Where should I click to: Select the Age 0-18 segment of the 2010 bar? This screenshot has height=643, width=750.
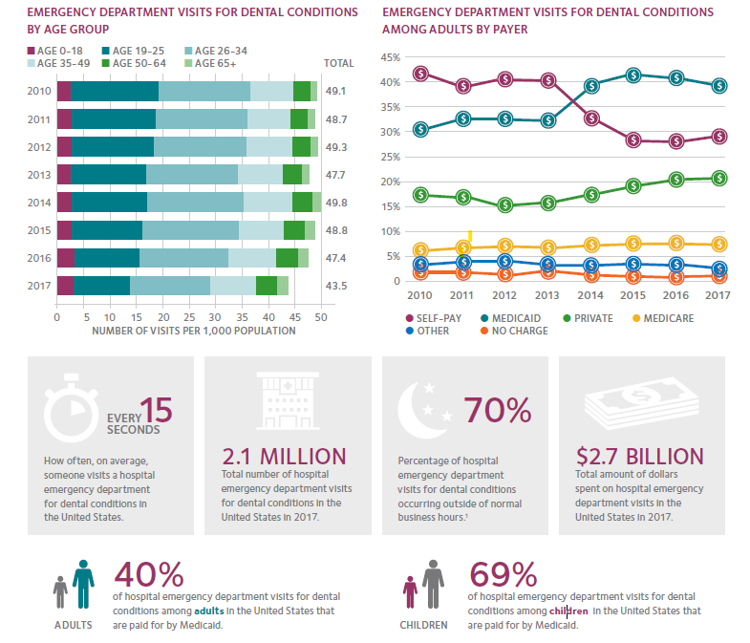pos(63,91)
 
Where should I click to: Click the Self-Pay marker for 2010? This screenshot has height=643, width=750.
pos(420,74)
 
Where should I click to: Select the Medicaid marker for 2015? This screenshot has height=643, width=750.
pos(633,75)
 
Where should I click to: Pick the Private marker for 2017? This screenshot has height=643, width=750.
pos(719,178)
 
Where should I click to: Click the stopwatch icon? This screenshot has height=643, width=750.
pos(68,411)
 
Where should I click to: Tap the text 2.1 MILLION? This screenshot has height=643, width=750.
pos(284,457)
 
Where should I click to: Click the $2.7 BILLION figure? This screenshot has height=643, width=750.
pos(640,457)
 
